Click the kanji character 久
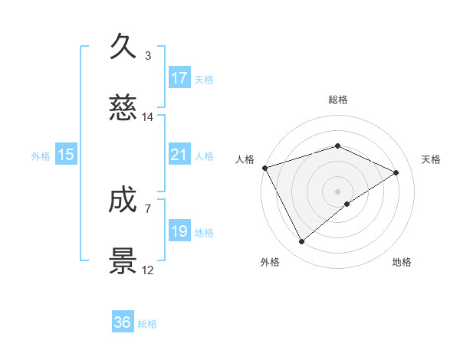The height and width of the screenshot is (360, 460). tap(123, 47)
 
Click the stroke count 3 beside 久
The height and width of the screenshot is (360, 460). tap(147, 55)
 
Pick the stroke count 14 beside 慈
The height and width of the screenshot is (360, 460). tap(147, 117)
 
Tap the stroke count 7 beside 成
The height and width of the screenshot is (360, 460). tap(147, 208)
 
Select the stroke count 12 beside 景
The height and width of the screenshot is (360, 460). tap(147, 270)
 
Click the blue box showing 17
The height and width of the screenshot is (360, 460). tap(179, 78)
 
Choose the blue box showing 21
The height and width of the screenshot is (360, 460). tap(179, 155)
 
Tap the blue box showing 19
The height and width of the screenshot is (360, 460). tap(179, 231)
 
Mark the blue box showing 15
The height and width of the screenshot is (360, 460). tap(66, 155)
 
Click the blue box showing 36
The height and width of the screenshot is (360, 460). tap(123, 322)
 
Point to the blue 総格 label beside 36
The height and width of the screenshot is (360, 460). tap(147, 324)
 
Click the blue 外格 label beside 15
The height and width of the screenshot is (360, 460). tap(41, 155)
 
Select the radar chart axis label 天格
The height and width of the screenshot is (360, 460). tap(432, 159)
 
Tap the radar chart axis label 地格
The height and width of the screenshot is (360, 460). tap(402, 262)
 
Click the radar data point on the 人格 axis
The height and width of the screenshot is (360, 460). tap(264, 168)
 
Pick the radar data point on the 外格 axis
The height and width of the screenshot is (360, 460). tap(301, 242)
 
